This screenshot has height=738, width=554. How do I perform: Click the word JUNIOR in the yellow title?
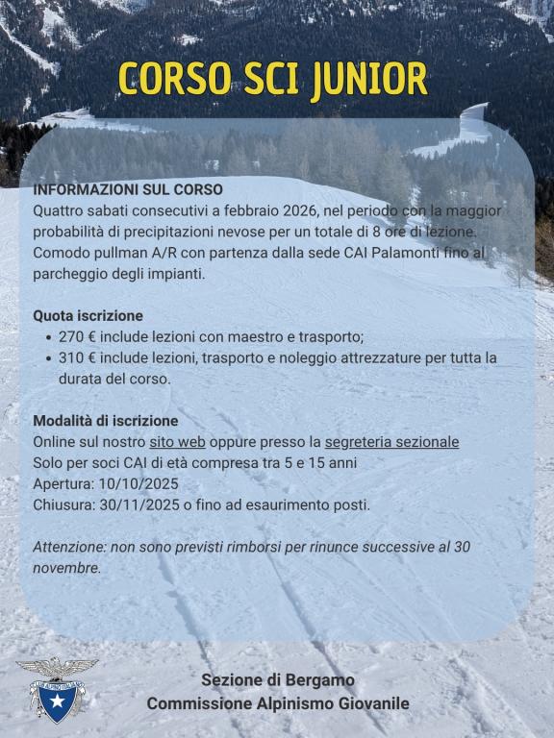[369, 81]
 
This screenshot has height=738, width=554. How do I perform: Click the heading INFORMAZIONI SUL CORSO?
[128, 189]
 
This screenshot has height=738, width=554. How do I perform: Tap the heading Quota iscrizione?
[88, 315]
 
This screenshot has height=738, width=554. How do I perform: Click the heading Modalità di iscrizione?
[106, 421]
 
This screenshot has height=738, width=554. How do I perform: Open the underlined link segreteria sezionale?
[391, 442]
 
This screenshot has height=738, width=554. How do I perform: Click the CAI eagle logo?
[56, 688]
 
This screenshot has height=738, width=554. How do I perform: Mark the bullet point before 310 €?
[49, 357]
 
